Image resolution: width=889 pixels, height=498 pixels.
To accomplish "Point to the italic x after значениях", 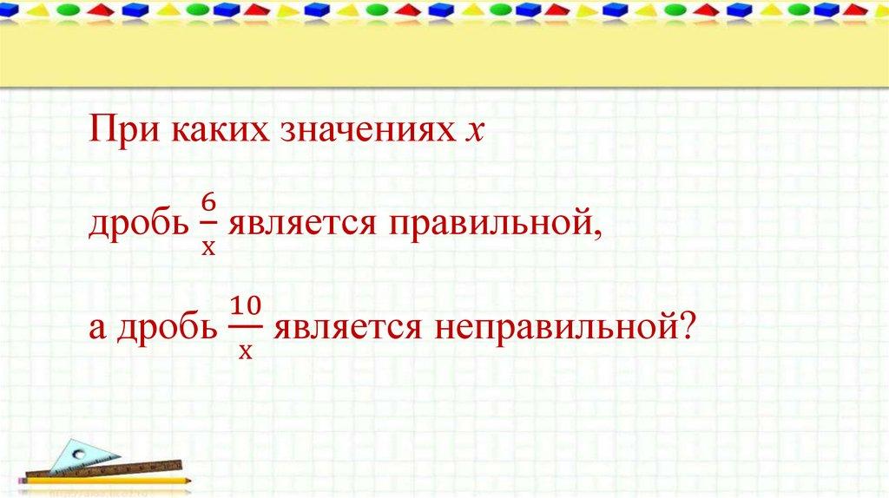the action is click(x=474, y=132).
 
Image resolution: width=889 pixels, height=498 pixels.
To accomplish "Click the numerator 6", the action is click(x=208, y=203).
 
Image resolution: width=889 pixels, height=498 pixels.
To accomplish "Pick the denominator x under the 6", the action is click(x=208, y=247).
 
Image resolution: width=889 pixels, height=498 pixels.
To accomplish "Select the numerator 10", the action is click(x=246, y=306).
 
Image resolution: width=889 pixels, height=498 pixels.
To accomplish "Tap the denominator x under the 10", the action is click(x=245, y=351).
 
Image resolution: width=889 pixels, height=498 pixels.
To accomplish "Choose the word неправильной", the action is click(x=559, y=328).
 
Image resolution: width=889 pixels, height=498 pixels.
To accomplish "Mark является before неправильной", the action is click(x=347, y=328).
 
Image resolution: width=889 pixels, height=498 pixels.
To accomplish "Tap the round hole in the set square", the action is click(x=79, y=455).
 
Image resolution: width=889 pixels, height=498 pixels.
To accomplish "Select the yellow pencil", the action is click(x=105, y=481).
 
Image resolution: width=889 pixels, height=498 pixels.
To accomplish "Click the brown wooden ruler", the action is click(x=104, y=469).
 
